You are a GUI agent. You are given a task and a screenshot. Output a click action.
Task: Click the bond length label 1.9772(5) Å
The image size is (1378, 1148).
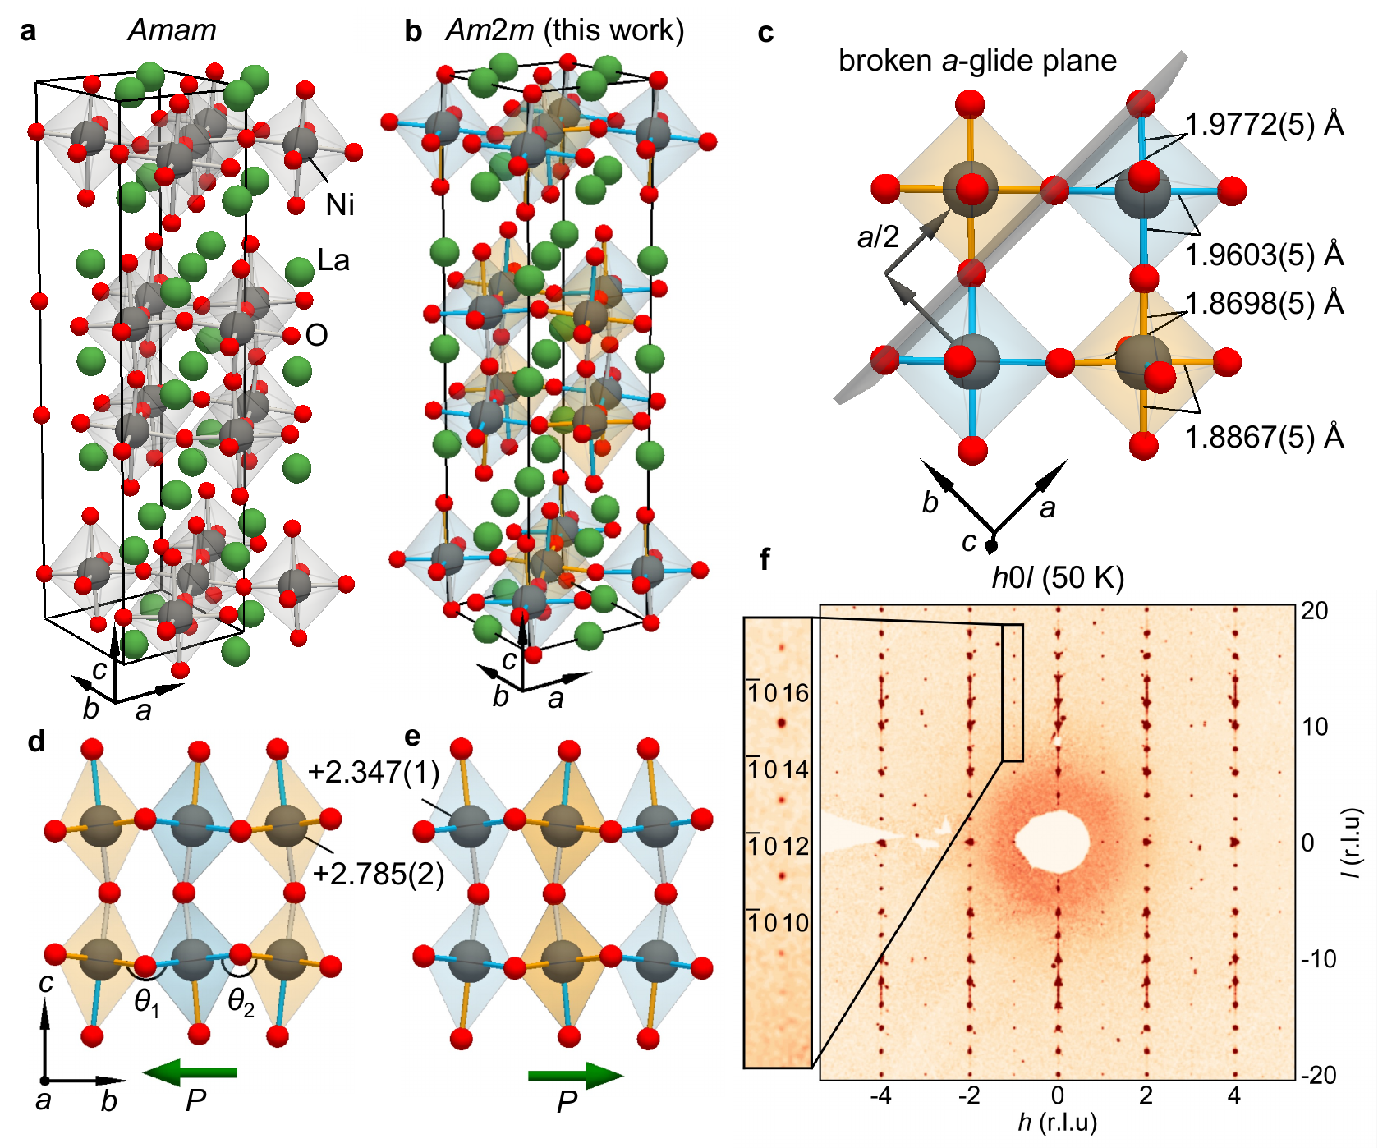(1264, 125)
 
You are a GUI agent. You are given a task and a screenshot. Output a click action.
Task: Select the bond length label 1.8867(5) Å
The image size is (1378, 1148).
(1264, 438)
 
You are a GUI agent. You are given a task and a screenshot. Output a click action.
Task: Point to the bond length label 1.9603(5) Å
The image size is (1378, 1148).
(1264, 255)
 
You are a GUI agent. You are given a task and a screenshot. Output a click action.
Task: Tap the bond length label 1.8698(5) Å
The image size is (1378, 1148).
(1264, 304)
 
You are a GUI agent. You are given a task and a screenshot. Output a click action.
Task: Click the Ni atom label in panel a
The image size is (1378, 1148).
(340, 205)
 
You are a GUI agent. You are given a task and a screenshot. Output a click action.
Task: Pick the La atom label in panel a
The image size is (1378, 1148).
(333, 261)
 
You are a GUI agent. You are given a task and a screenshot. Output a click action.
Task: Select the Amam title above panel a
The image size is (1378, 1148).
(172, 30)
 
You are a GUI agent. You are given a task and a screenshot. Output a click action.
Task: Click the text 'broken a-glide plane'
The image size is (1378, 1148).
(977, 61)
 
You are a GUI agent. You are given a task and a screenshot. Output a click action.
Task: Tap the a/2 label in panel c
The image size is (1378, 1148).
(878, 238)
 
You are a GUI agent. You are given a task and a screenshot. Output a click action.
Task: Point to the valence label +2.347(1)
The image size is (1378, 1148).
(374, 773)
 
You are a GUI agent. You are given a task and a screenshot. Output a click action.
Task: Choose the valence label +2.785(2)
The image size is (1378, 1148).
(379, 875)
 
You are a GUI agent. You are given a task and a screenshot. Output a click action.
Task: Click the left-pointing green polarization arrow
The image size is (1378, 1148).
(190, 1072)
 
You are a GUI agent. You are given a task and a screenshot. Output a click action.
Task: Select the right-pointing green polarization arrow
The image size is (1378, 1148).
(576, 1075)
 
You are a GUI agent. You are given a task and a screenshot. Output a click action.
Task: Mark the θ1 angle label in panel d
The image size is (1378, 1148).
(147, 1003)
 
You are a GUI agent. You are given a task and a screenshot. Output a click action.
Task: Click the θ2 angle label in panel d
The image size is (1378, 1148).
(241, 1003)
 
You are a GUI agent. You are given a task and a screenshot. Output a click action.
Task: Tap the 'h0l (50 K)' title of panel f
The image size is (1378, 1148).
(1058, 578)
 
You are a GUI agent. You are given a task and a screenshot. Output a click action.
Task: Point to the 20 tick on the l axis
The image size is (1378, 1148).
(1314, 611)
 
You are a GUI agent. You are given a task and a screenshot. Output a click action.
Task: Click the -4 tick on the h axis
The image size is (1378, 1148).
(880, 1095)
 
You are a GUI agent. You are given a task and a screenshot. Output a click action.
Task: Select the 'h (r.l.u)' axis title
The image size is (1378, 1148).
(1057, 1123)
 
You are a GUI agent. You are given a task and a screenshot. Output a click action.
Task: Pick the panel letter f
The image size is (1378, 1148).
(765, 560)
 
